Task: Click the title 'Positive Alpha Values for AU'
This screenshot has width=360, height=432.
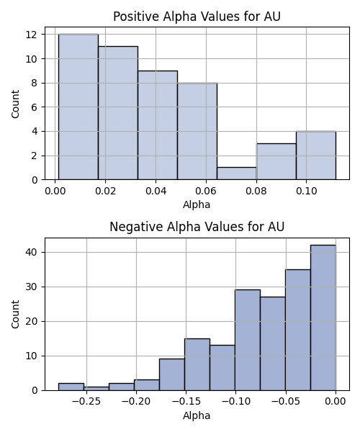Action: pos(197,17)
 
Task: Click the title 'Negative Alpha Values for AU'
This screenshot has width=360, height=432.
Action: pos(197,227)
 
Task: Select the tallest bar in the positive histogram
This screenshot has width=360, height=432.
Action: pos(78,107)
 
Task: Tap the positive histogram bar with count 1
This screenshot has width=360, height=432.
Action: pos(237,174)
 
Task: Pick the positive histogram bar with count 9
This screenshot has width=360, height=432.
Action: pos(158,125)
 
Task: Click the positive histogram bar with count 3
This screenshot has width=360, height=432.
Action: pos(276,161)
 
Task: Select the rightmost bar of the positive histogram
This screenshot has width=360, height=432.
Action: pos(316,156)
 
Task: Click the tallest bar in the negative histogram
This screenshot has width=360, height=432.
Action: pos(323,318)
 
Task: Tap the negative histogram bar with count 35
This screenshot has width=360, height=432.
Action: pos(298,330)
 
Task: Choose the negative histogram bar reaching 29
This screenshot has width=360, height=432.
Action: pos(248,340)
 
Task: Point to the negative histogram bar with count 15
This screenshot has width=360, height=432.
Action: pos(197,364)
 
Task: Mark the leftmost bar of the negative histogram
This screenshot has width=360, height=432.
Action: pos(71,387)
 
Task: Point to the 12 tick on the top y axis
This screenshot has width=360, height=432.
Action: pos(32,35)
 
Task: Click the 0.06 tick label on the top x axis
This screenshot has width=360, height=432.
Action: pos(206,191)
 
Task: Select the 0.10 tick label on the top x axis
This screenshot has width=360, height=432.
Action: pos(307,191)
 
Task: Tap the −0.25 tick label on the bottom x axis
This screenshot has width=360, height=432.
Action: pos(86,402)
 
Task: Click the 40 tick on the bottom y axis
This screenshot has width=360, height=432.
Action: pos(32,253)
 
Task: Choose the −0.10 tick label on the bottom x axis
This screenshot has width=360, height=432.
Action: pos(235,402)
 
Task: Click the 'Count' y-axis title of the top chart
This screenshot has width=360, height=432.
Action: pos(15,104)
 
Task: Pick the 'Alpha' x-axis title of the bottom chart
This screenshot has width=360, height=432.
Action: pos(197,415)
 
